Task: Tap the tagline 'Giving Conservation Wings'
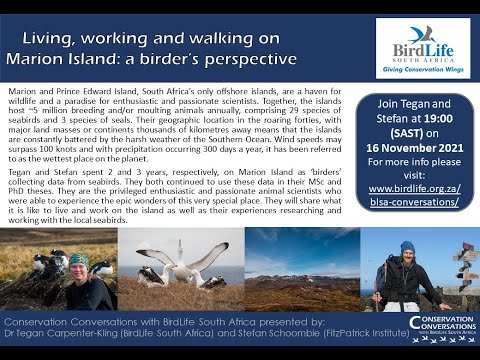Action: coord(421,75)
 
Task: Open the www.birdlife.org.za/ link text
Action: coord(421,186)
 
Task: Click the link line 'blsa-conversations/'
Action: coord(421,200)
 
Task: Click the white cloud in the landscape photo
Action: coord(300,250)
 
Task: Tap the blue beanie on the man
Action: coord(407,246)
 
